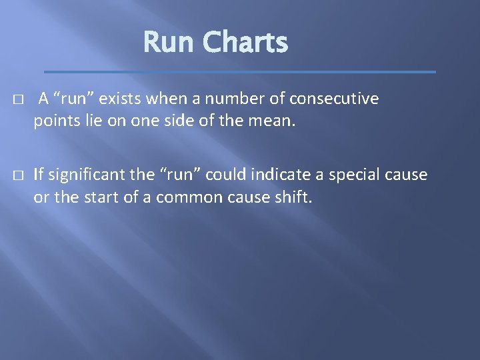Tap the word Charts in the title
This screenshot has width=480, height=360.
click(245, 43)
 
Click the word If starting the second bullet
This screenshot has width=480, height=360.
click(38, 175)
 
